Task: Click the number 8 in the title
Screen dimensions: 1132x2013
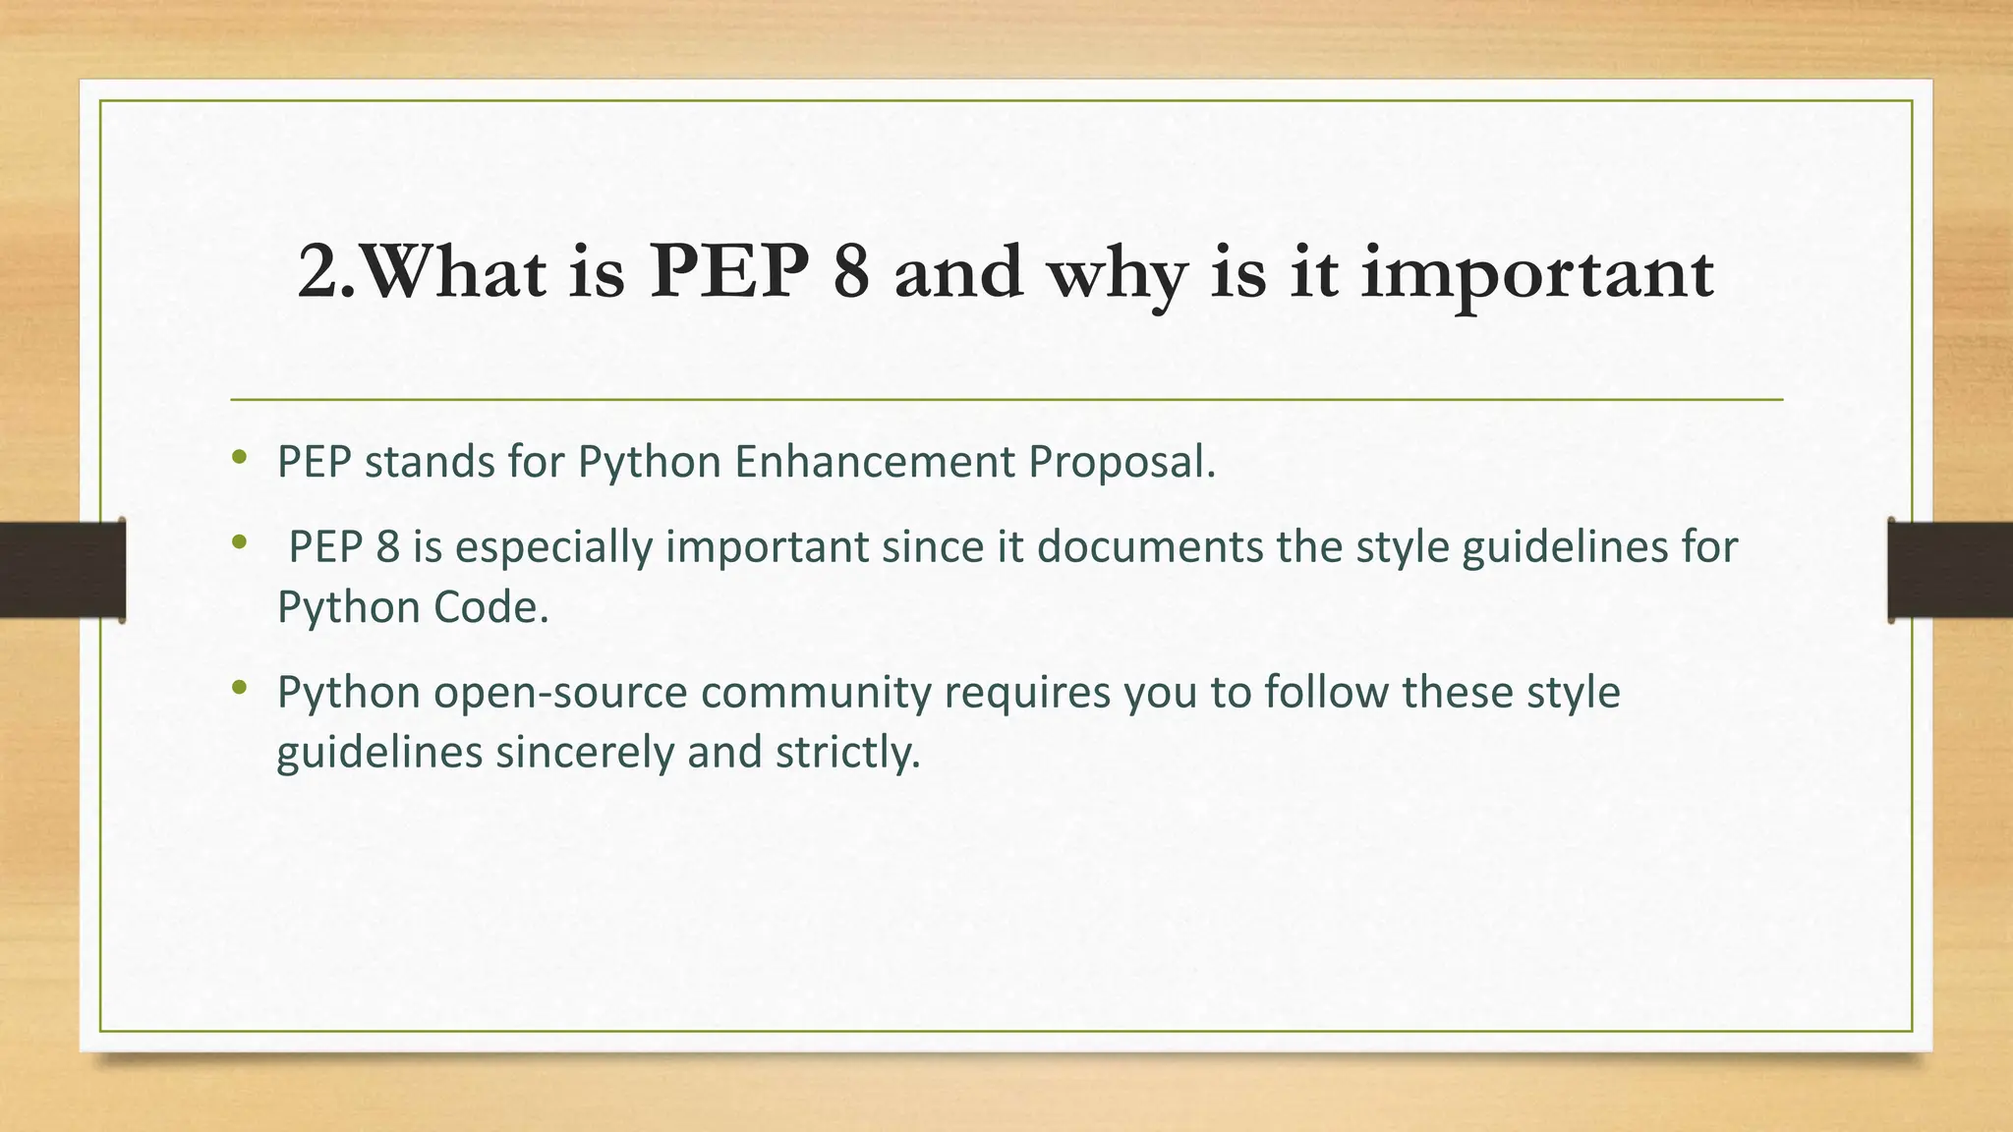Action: pyautogui.click(x=851, y=272)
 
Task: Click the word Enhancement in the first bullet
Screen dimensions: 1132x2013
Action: pyautogui.click(x=874, y=461)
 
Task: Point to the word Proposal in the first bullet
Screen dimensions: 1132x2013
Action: pyautogui.click(x=1122, y=461)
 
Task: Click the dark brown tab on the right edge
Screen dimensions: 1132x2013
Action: pyautogui.click(x=1950, y=570)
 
